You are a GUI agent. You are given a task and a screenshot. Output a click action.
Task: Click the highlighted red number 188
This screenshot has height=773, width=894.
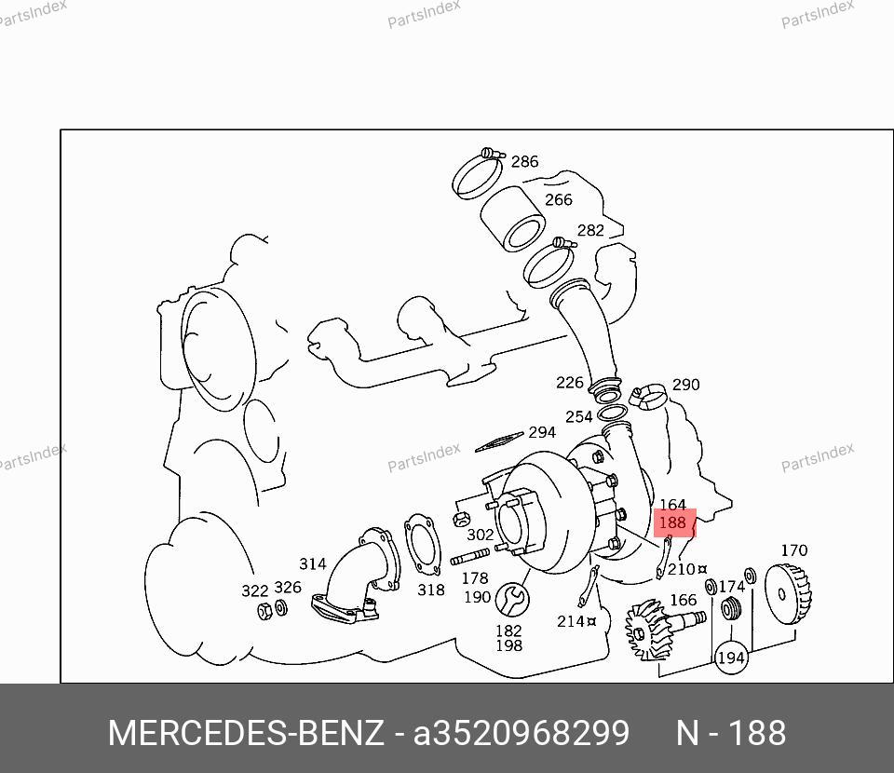coord(672,522)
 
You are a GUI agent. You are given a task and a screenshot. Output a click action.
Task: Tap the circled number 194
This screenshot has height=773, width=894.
coord(731,658)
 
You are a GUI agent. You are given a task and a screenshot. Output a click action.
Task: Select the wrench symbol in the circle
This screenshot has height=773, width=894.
coord(512,600)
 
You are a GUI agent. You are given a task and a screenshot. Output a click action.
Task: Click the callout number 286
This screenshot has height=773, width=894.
coord(524,161)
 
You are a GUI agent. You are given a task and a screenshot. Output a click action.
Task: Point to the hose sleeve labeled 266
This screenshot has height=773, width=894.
coord(512,218)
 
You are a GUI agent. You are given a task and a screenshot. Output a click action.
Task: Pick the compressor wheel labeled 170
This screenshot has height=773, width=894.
coord(787,594)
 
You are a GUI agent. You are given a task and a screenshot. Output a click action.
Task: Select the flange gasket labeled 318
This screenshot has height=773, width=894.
coord(423,545)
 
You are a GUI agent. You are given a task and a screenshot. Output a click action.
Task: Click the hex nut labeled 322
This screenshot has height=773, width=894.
coord(264,611)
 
